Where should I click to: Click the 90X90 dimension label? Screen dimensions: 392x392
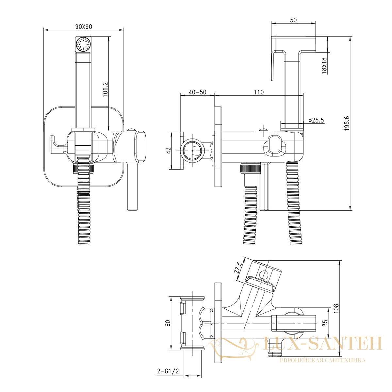click(84, 27)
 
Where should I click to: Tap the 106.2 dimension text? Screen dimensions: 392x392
click(106, 89)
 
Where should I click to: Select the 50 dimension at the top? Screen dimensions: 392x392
click(293, 20)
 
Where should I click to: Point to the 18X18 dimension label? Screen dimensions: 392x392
click(324, 65)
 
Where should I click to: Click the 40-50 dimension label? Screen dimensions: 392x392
click(198, 92)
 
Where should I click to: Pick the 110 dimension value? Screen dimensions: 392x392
click(259, 92)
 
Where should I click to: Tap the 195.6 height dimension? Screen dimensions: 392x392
click(347, 123)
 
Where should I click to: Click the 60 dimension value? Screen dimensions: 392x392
click(168, 323)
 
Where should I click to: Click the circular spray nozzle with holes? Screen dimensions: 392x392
click(83, 43)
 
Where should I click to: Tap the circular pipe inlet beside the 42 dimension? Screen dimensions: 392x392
click(192, 151)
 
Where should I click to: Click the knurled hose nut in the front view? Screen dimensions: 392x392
click(84, 169)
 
